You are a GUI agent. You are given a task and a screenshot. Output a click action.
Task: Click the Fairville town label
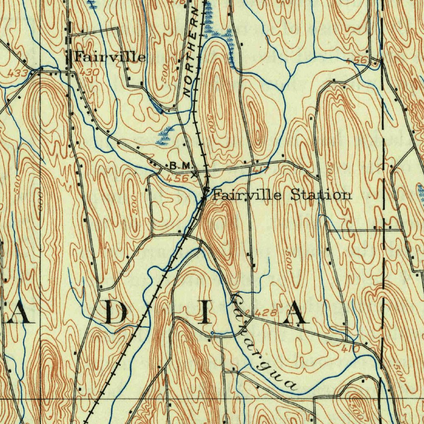coord(110,57)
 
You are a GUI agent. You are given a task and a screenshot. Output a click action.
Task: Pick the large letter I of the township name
coord(204,313)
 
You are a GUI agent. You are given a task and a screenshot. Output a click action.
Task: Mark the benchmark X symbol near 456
coord(195,174)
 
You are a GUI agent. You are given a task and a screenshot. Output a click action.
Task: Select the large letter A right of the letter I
coord(296,313)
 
